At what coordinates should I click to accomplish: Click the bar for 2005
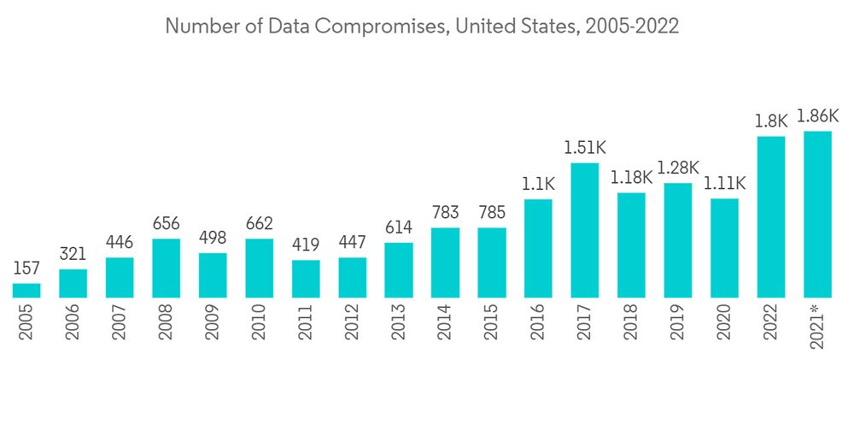click(26, 290)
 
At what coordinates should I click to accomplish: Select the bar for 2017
click(585, 230)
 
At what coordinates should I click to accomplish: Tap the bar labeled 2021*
click(817, 214)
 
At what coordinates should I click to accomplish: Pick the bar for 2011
click(306, 279)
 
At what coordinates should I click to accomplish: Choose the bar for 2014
click(445, 263)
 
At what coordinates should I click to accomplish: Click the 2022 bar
click(771, 216)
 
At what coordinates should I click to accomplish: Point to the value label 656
click(166, 224)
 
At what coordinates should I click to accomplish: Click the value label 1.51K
click(585, 148)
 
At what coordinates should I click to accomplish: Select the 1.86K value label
click(817, 116)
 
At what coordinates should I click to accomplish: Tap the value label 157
click(26, 269)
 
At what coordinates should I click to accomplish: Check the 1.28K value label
click(678, 168)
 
